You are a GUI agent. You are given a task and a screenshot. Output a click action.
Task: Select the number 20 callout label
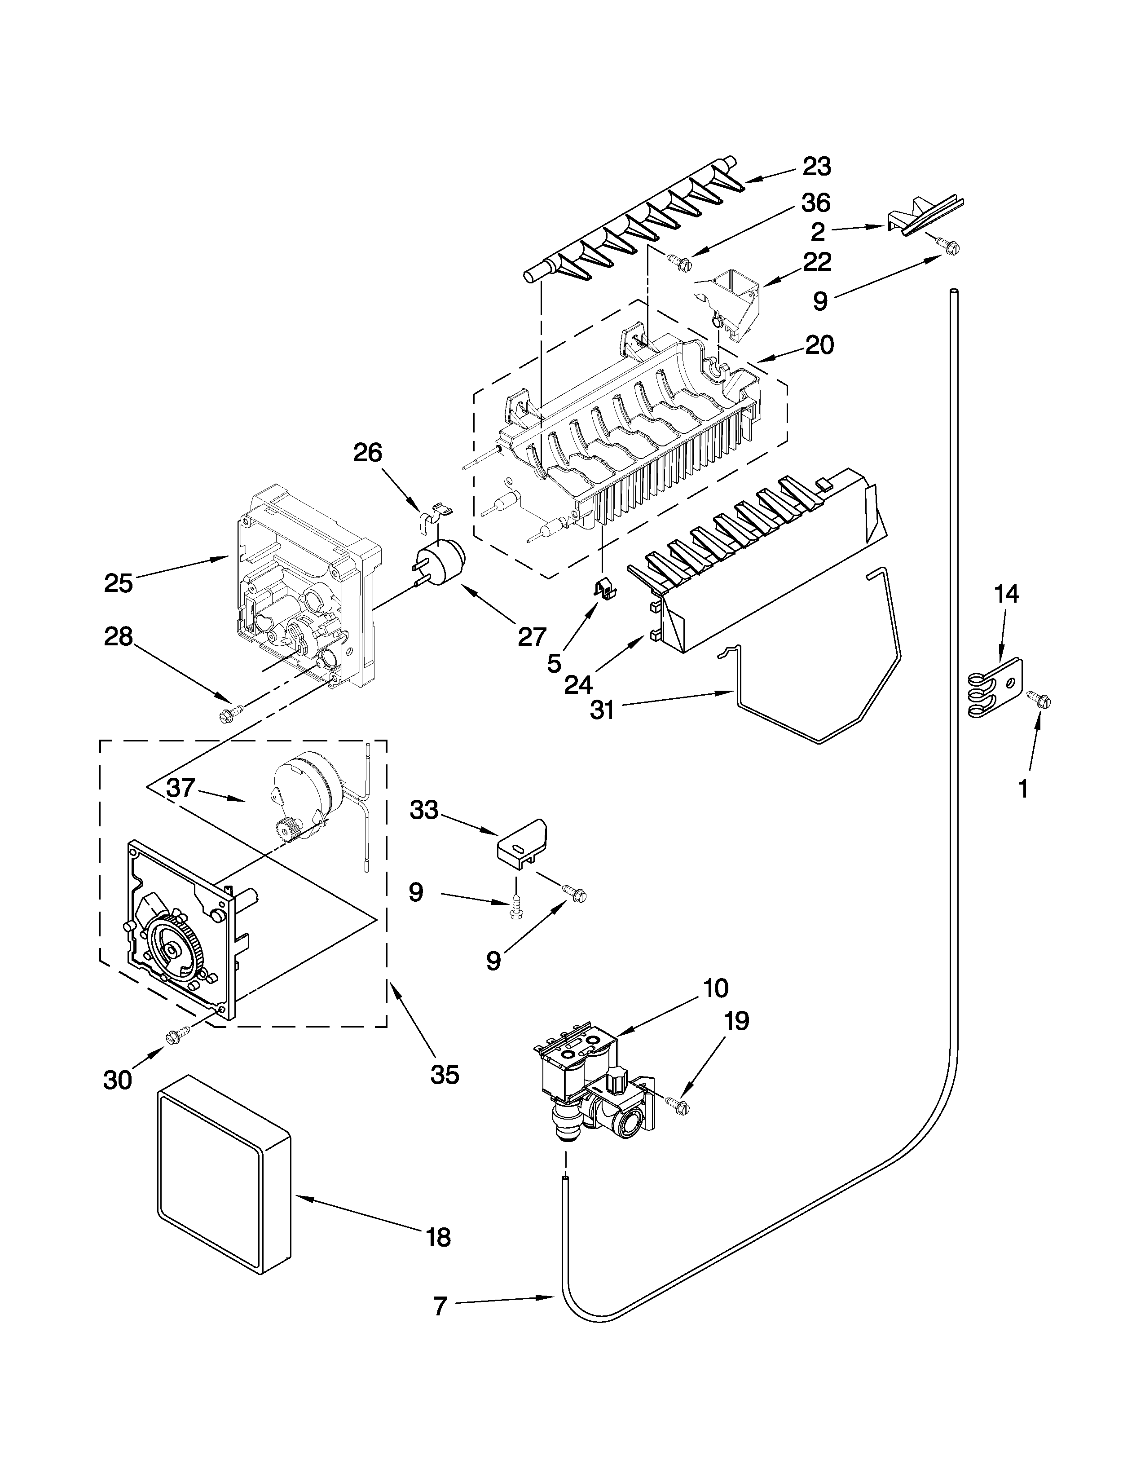819,345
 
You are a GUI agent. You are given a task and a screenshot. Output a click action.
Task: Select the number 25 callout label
118,583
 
